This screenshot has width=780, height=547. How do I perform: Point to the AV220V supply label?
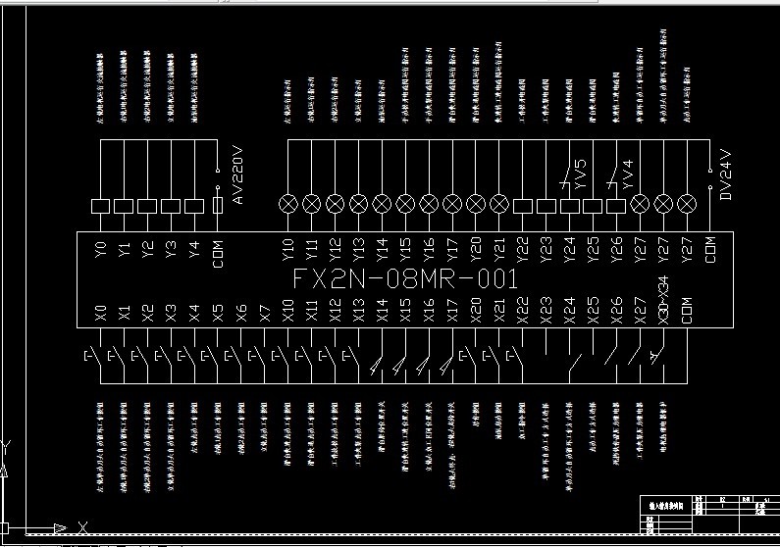click(236, 177)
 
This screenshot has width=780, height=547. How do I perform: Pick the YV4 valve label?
click(628, 175)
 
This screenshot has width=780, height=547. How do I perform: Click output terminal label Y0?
click(100, 249)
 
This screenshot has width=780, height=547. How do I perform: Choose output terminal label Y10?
click(287, 249)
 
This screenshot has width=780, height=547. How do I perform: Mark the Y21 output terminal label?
click(499, 249)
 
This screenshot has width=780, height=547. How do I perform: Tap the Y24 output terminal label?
click(570, 249)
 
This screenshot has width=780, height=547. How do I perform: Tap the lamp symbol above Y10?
click(287, 204)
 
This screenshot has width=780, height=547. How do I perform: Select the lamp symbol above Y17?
click(452, 204)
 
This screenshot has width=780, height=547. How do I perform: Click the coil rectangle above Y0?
click(100, 206)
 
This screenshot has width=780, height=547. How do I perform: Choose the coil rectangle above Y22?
click(523, 206)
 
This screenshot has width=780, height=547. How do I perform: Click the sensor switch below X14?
click(380, 365)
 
